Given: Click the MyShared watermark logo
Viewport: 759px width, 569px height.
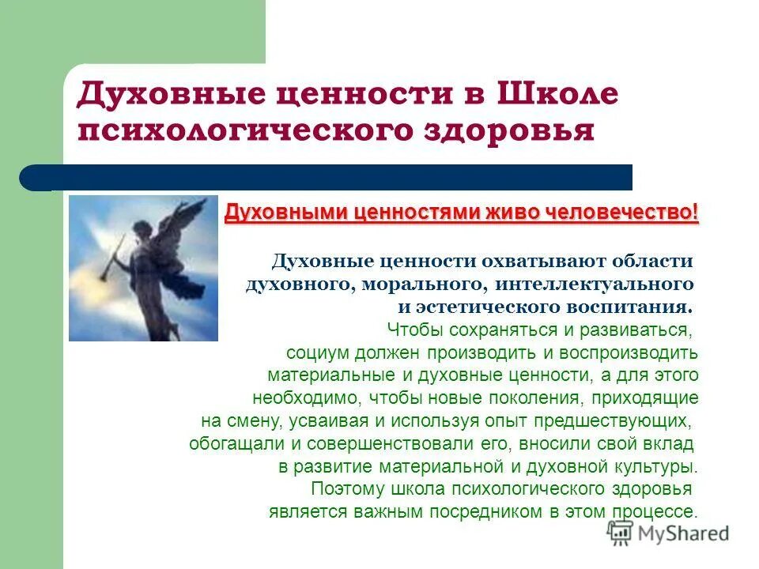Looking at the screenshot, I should (x=669, y=533).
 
